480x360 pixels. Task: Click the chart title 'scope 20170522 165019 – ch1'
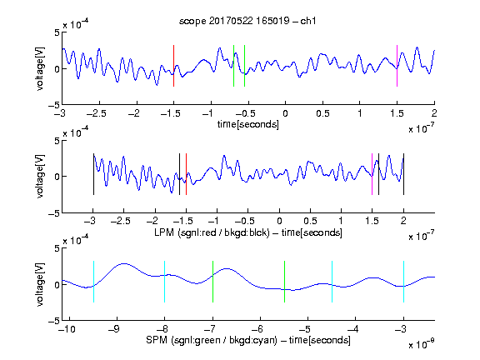pyautogui.click(x=247, y=21)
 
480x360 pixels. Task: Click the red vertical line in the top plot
pyautogui.click(x=173, y=66)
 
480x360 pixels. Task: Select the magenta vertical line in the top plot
pyautogui.click(x=397, y=66)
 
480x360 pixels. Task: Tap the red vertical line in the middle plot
pyautogui.click(x=186, y=174)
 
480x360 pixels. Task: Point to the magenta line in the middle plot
pyautogui.click(x=372, y=174)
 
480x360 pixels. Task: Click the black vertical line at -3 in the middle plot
pyautogui.click(x=93, y=174)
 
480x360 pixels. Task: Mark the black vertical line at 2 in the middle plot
pyautogui.click(x=403, y=174)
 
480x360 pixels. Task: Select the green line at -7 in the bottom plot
pyautogui.click(x=212, y=282)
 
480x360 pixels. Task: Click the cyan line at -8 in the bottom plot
pyautogui.click(x=165, y=282)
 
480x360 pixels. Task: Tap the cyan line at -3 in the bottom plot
pyautogui.click(x=404, y=282)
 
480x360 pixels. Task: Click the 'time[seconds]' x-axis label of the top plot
pyautogui.click(x=248, y=124)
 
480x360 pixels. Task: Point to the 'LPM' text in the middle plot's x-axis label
pyautogui.click(x=164, y=232)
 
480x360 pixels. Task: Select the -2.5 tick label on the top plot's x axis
pyautogui.click(x=96, y=113)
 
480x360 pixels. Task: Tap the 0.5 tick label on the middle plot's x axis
pyautogui.click(x=310, y=221)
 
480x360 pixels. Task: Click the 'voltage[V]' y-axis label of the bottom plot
pyautogui.click(x=40, y=284)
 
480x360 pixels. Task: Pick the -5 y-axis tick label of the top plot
pyautogui.click(x=54, y=105)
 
